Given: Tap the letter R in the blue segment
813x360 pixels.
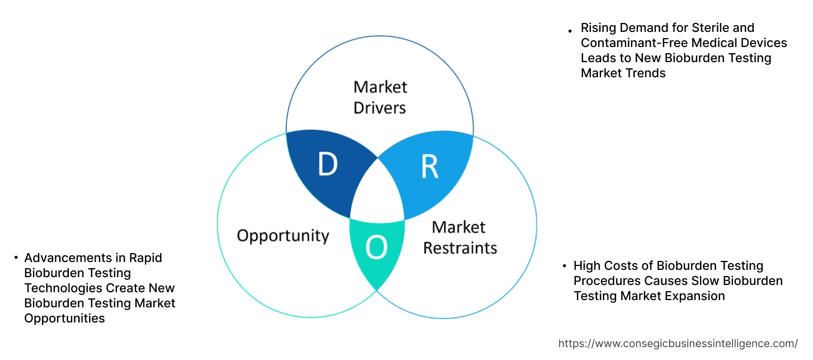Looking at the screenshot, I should click(x=429, y=167).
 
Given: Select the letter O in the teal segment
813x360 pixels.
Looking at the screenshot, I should click(x=376, y=248).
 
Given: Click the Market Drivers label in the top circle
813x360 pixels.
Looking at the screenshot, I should click(x=380, y=97).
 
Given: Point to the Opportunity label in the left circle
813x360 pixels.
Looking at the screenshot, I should click(x=283, y=235).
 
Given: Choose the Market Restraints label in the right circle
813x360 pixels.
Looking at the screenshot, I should click(x=459, y=237).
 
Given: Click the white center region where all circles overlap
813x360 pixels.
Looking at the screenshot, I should click(x=378, y=193).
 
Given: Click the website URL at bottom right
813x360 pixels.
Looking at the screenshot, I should click(x=678, y=343).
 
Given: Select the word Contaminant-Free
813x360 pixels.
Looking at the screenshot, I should click(x=632, y=43).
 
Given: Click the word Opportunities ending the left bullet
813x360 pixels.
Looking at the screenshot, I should click(x=64, y=318).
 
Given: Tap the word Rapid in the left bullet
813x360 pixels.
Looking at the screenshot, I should click(x=145, y=258).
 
